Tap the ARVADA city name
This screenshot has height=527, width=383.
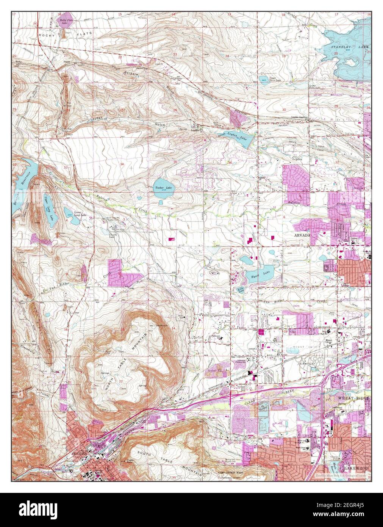[x=302, y=235]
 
